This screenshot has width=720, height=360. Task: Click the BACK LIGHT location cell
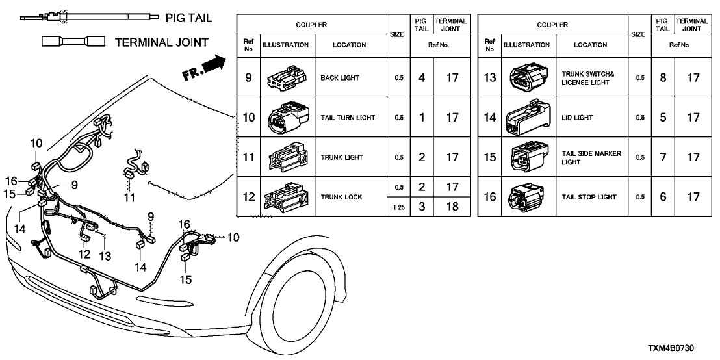[x=349, y=78]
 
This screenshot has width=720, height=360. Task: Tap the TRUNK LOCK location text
[x=341, y=197]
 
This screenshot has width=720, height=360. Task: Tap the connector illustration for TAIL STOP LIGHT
[x=524, y=197]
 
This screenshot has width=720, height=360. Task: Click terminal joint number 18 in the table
[x=454, y=206]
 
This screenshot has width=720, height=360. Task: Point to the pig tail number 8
[x=662, y=78]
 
